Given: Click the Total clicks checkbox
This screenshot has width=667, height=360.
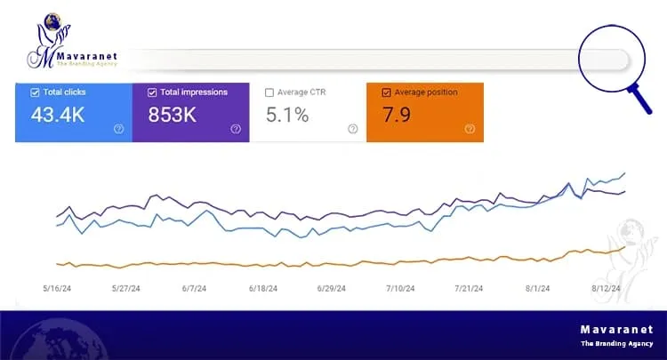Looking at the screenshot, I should coord(35,92).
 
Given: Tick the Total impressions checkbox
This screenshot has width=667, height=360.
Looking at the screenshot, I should coord(153,92).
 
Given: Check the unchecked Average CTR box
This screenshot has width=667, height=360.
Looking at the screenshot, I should coord(270,92).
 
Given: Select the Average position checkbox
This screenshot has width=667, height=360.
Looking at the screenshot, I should coord(386,92).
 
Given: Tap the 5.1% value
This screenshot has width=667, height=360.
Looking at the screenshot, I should coord(288,115).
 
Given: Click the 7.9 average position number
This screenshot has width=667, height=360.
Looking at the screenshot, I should coord(396,115).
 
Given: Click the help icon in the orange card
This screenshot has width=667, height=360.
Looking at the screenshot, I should coord(469,129).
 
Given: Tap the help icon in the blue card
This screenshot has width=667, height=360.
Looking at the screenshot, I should coord(118,129).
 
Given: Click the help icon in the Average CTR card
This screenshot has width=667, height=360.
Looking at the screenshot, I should coord(352,129).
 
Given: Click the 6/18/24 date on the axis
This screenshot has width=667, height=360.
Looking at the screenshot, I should coord(264,288).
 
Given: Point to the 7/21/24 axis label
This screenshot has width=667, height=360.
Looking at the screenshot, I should coord(468,288).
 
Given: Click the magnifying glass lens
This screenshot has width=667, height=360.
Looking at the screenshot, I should coord(604,59).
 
